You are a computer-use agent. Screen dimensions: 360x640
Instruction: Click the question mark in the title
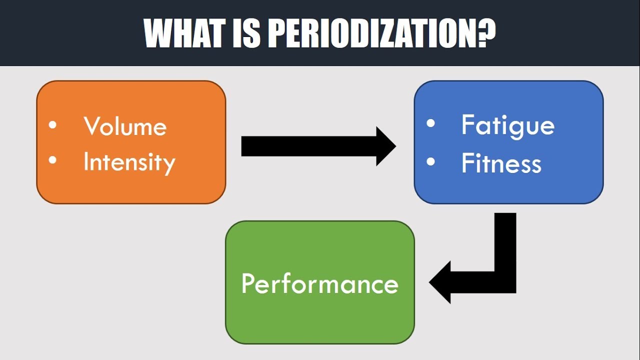[x=484, y=33]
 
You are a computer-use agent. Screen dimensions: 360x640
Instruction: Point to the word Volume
[x=125, y=126]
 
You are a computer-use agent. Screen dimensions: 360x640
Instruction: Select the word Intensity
[x=129, y=162]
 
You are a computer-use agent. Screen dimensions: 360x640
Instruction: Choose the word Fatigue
[x=507, y=125]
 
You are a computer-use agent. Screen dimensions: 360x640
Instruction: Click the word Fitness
[x=501, y=163]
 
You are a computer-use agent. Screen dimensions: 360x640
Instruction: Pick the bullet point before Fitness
[x=430, y=162]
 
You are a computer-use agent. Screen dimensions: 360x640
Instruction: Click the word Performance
[x=320, y=283]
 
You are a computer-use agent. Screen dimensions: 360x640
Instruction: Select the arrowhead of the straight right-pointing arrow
[x=385, y=146]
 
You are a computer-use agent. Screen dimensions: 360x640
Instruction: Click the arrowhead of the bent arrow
[x=440, y=282]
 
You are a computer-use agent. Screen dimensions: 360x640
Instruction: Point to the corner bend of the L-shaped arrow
[x=505, y=282]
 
